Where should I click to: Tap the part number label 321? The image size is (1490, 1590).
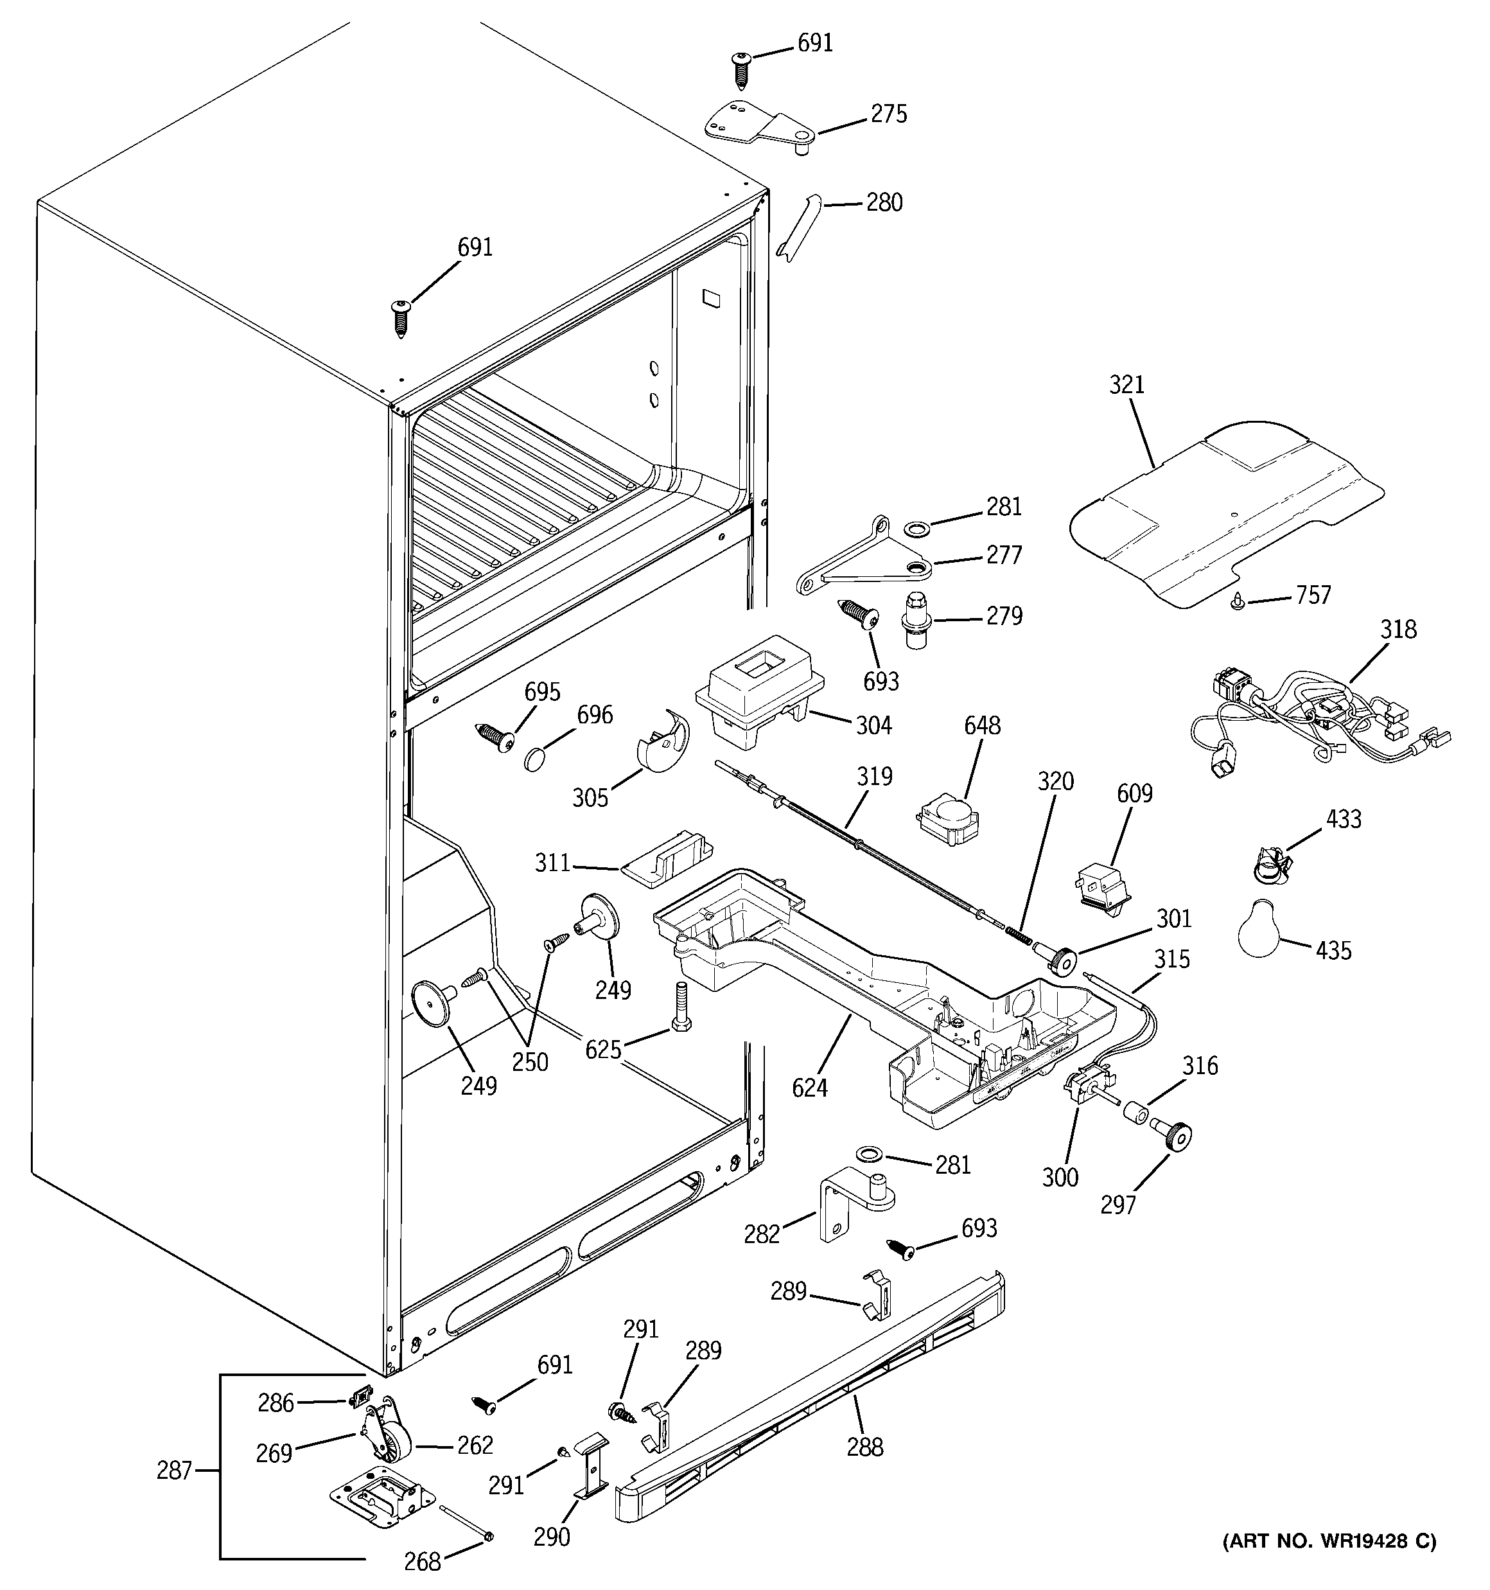click(x=1126, y=385)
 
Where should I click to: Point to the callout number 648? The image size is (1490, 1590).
click(x=982, y=725)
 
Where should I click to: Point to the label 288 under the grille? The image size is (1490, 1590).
click(x=864, y=1446)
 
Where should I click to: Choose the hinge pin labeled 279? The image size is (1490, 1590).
click(x=916, y=618)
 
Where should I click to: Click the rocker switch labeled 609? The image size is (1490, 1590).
click(x=1103, y=886)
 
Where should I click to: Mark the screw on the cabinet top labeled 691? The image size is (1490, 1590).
click(x=401, y=317)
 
